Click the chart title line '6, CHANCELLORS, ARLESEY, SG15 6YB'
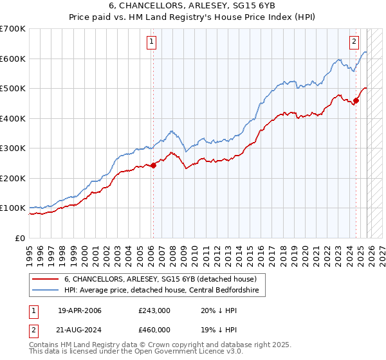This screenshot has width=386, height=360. point(193,6)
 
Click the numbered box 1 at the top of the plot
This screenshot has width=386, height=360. point(151,42)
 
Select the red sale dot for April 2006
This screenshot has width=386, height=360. point(153,165)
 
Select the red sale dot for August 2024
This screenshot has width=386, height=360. point(356,100)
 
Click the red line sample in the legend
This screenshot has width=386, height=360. point(46,279)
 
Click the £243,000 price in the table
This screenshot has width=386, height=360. point(154,311)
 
